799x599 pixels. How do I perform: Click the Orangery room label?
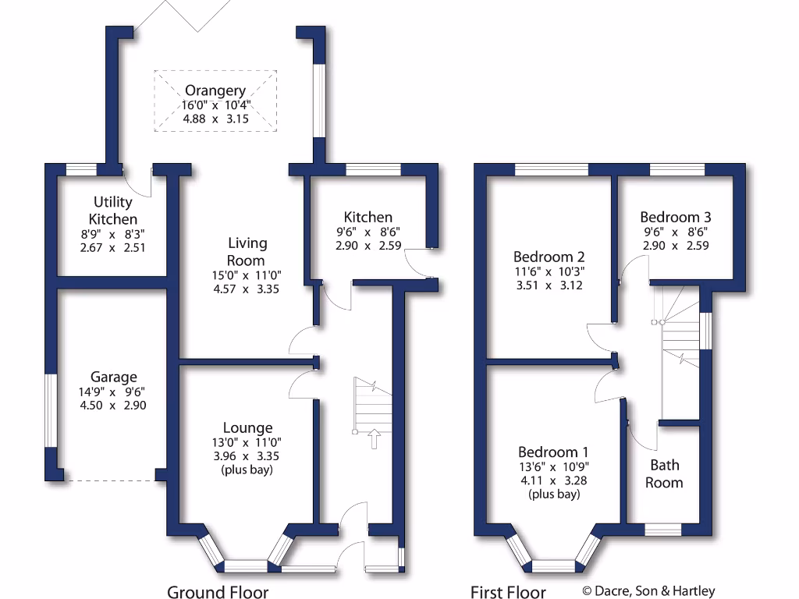215,90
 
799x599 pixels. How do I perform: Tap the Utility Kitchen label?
112,211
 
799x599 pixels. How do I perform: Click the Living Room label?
247,252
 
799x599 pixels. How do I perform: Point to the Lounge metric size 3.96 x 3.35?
247,455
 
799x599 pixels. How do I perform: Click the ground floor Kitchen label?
368,217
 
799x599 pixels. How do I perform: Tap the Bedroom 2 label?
549,257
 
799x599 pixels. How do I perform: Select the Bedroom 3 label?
675,217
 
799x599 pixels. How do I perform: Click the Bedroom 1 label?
554,452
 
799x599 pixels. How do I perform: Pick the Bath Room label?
666,473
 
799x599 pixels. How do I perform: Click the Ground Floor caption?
218,592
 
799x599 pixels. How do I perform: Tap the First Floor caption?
508,592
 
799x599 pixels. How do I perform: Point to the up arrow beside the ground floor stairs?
373,438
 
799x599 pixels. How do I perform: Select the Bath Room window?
662,530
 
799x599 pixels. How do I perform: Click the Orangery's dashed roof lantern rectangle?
215,101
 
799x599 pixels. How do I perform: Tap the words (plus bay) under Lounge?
247,470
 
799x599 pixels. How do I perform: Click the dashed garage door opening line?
109,481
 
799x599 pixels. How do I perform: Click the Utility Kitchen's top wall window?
81,169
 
